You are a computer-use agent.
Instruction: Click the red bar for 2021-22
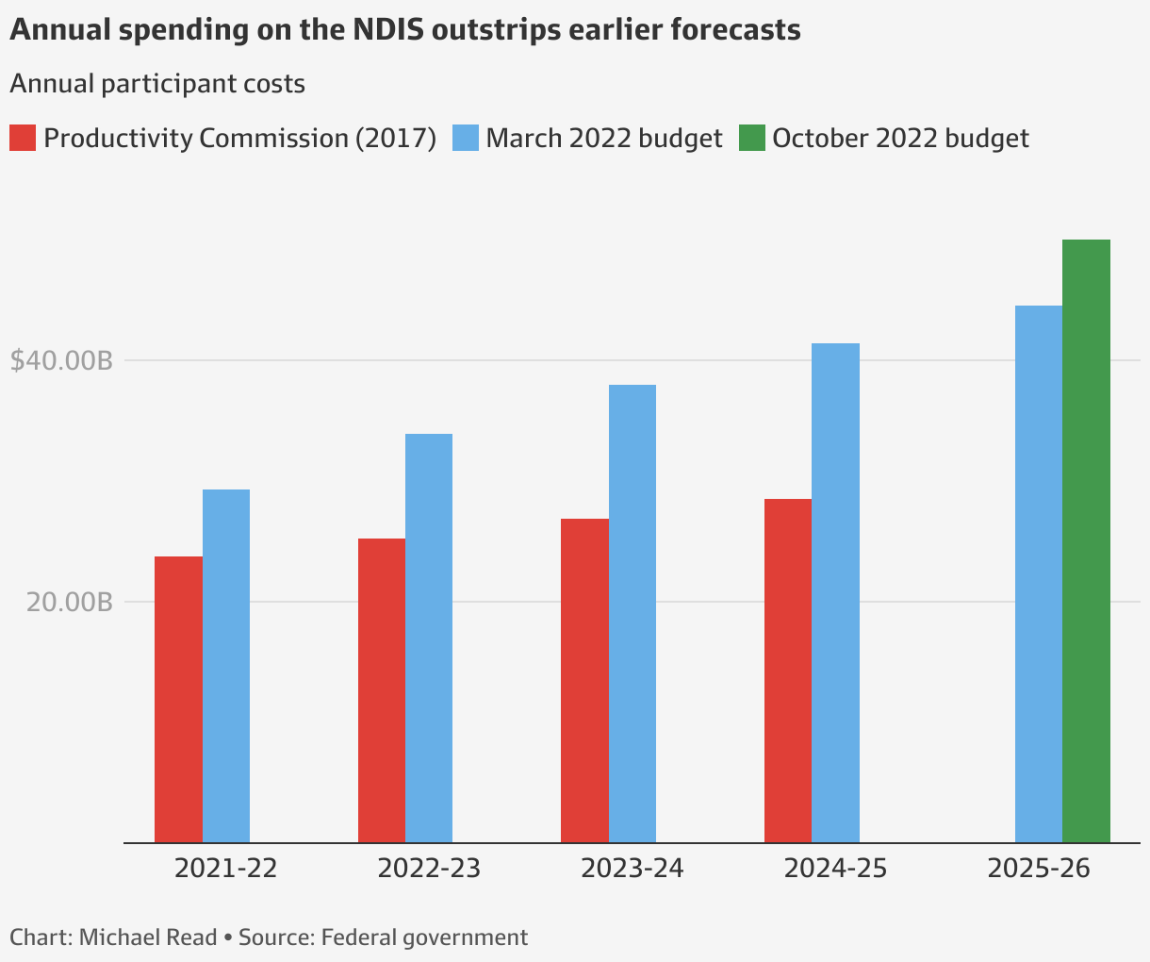click(178, 699)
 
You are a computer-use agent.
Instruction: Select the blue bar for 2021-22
click(226, 666)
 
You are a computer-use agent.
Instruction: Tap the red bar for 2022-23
click(382, 690)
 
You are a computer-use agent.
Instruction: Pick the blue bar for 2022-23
click(429, 638)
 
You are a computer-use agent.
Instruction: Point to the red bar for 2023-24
click(584, 680)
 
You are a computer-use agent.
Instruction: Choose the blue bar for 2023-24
click(632, 613)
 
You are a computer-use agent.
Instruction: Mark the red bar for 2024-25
click(788, 671)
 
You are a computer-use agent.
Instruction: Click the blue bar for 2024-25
click(836, 592)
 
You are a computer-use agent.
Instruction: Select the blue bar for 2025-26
click(1039, 573)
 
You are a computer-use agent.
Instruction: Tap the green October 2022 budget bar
click(1087, 540)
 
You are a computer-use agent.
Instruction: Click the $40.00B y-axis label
click(61, 360)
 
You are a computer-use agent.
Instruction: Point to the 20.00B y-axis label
click(70, 602)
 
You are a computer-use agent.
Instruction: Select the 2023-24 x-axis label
click(632, 868)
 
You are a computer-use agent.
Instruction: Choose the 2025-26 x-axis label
click(1039, 868)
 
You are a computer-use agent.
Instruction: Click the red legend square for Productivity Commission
click(23, 138)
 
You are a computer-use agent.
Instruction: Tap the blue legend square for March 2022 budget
click(466, 138)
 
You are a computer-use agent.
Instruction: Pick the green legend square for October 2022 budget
click(751, 138)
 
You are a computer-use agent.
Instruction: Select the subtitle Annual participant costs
click(157, 84)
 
